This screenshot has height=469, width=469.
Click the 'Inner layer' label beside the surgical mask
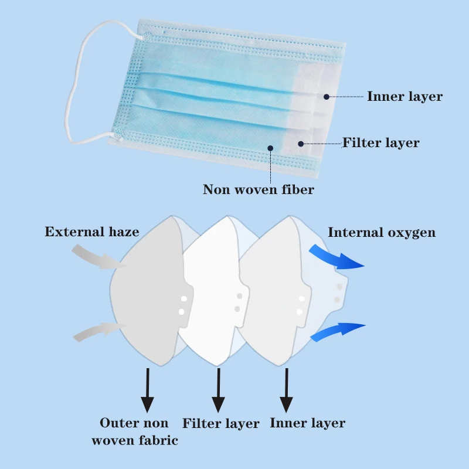point(405,96)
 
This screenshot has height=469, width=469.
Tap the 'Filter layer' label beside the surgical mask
point(380,142)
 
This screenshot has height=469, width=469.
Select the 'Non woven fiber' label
point(259,189)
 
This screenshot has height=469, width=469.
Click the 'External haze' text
point(92,232)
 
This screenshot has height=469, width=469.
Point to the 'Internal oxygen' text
point(382,232)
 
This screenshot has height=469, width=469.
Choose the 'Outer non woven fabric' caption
point(134,431)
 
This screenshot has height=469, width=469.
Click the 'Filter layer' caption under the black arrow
point(221,423)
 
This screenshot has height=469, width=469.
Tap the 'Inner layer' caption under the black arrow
point(307,423)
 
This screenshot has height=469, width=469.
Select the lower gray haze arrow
point(94,331)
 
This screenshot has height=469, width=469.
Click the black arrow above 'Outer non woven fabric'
point(147,390)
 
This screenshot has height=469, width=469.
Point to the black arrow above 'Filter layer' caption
point(218,390)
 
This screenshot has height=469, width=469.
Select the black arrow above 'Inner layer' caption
point(286,390)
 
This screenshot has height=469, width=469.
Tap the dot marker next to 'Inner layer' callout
point(327,96)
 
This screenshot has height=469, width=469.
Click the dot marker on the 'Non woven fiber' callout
point(270,147)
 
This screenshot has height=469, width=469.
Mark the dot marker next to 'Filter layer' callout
point(300,143)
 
